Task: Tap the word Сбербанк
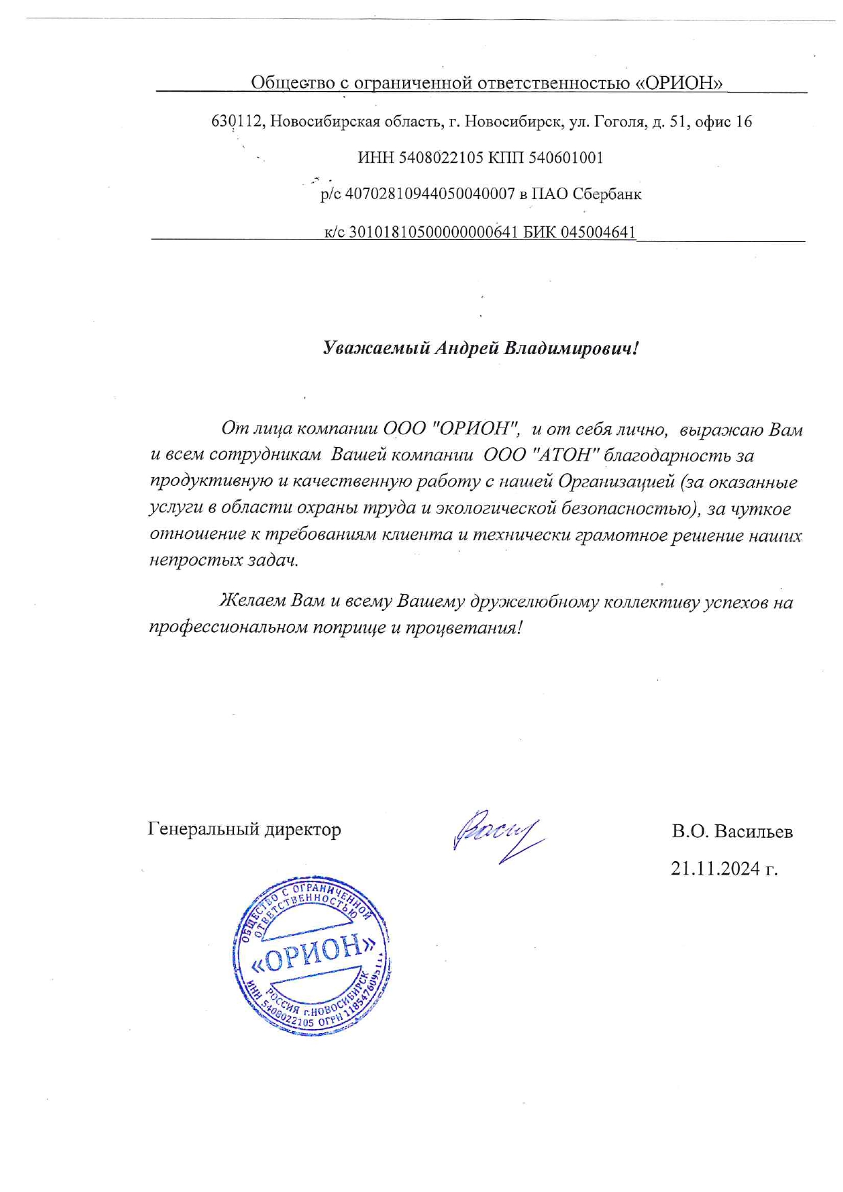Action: click(606, 194)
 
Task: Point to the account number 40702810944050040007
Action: click(430, 194)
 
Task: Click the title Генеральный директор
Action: click(244, 829)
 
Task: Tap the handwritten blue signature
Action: click(496, 835)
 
